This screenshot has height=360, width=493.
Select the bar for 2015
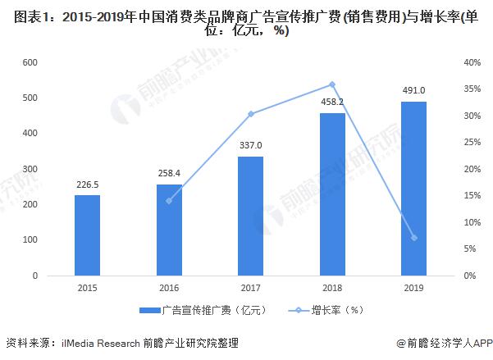coord(87,235)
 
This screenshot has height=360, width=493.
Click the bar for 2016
coord(169,230)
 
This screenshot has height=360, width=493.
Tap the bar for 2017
coord(250,216)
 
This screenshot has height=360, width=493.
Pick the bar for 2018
coord(332,194)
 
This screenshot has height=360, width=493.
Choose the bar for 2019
coord(413,189)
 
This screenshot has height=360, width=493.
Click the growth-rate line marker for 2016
coord(169,201)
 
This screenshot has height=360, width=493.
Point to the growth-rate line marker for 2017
coord(250,114)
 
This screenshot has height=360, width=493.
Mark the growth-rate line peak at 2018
coord(332,84)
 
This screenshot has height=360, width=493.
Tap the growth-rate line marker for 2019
coord(413,238)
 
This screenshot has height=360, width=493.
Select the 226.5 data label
coord(87,185)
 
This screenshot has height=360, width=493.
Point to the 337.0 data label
coord(250,146)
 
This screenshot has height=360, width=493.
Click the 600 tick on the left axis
coord(30,63)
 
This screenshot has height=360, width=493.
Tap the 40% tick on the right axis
coord(472,63)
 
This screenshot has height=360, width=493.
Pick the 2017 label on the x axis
coord(250,288)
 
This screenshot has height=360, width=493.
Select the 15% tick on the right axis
coord(472,196)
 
